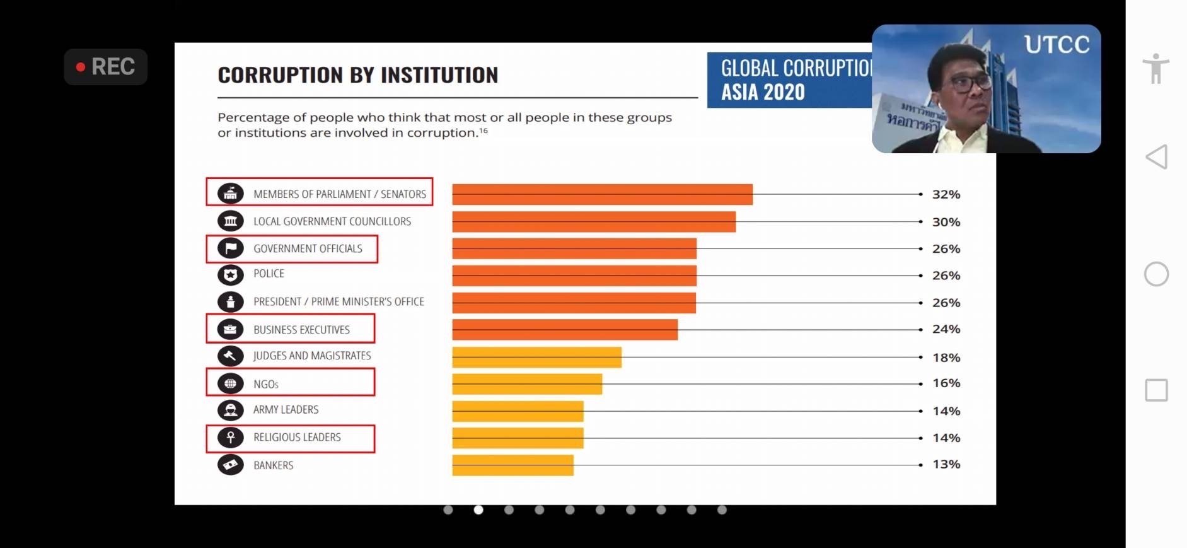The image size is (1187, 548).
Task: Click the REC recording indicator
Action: pos(106,67)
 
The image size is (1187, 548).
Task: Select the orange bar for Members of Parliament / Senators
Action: pos(602,194)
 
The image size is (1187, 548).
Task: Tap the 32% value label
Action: pos(946,194)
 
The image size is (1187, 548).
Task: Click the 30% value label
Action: pos(946,222)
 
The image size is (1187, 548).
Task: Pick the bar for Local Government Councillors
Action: pos(593,222)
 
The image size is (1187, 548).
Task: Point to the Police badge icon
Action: pos(230,275)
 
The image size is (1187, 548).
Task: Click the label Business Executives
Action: pos(301,330)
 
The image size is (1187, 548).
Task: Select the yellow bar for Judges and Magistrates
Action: pos(536,357)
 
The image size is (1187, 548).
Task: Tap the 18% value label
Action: pos(946,358)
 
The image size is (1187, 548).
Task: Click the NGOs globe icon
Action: pos(230,383)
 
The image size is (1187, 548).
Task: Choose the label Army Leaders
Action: pos(286,410)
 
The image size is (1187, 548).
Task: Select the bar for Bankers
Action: pos(512,465)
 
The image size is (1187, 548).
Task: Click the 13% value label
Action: pos(946,464)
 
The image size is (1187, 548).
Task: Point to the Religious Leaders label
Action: pos(297,438)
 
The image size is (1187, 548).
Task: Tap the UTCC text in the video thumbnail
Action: pos(1057,45)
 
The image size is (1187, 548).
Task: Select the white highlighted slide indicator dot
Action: pos(478,510)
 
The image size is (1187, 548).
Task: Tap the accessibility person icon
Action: pos(1155,68)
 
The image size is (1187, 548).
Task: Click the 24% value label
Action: pos(946,329)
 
